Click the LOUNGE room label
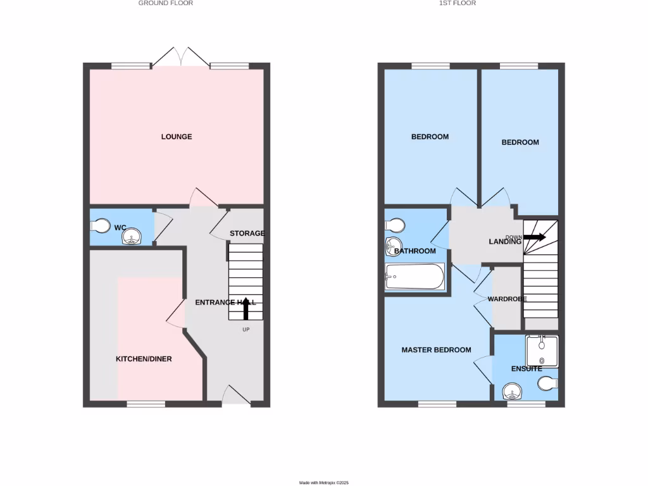177,137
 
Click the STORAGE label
247,234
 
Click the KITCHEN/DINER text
144,359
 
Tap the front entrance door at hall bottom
235,395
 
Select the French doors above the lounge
181,57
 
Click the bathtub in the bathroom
414,277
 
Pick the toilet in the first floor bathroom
396,226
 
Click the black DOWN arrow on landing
535,237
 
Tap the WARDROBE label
507,299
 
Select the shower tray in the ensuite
542,351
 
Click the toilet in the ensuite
547,383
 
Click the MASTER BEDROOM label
437,350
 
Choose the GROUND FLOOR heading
166,3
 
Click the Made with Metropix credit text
324,483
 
